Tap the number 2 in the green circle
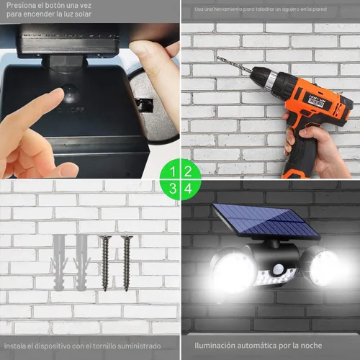(x=188, y=171)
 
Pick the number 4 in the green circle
(x=188, y=188)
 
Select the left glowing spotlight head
(x=232, y=271)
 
